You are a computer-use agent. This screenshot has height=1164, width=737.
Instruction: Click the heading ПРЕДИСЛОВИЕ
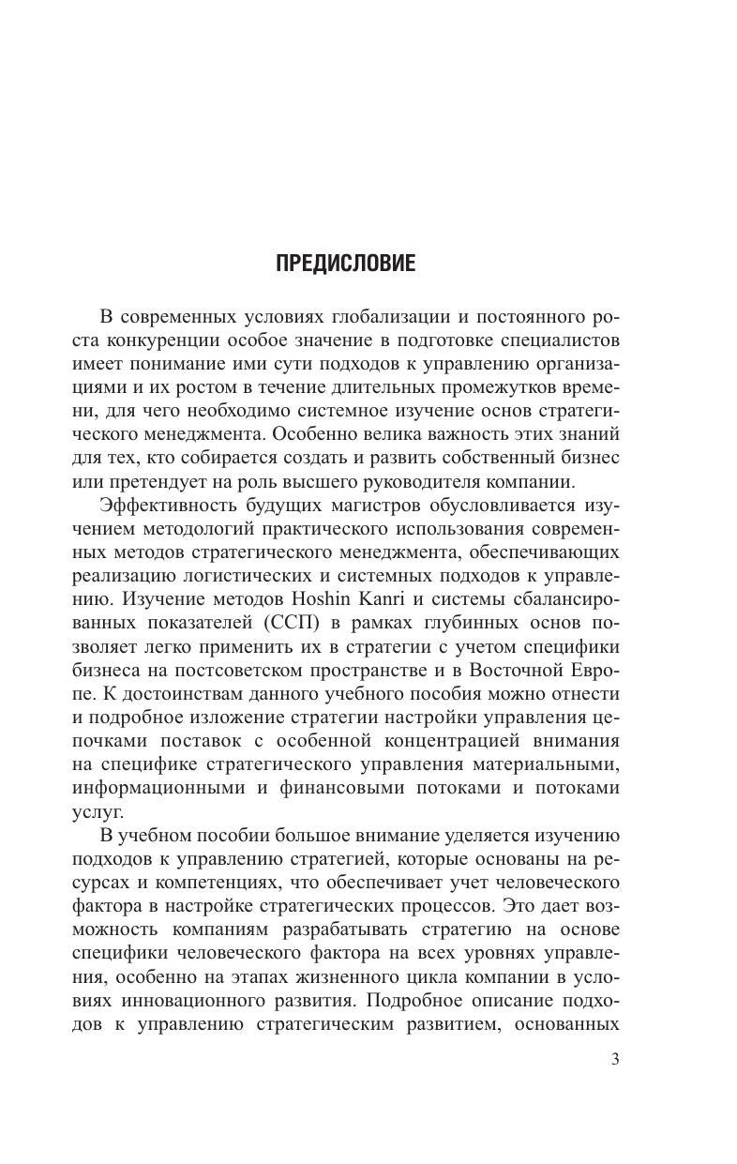click(345, 264)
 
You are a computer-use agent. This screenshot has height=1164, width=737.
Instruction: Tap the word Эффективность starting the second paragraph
click(158, 505)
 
